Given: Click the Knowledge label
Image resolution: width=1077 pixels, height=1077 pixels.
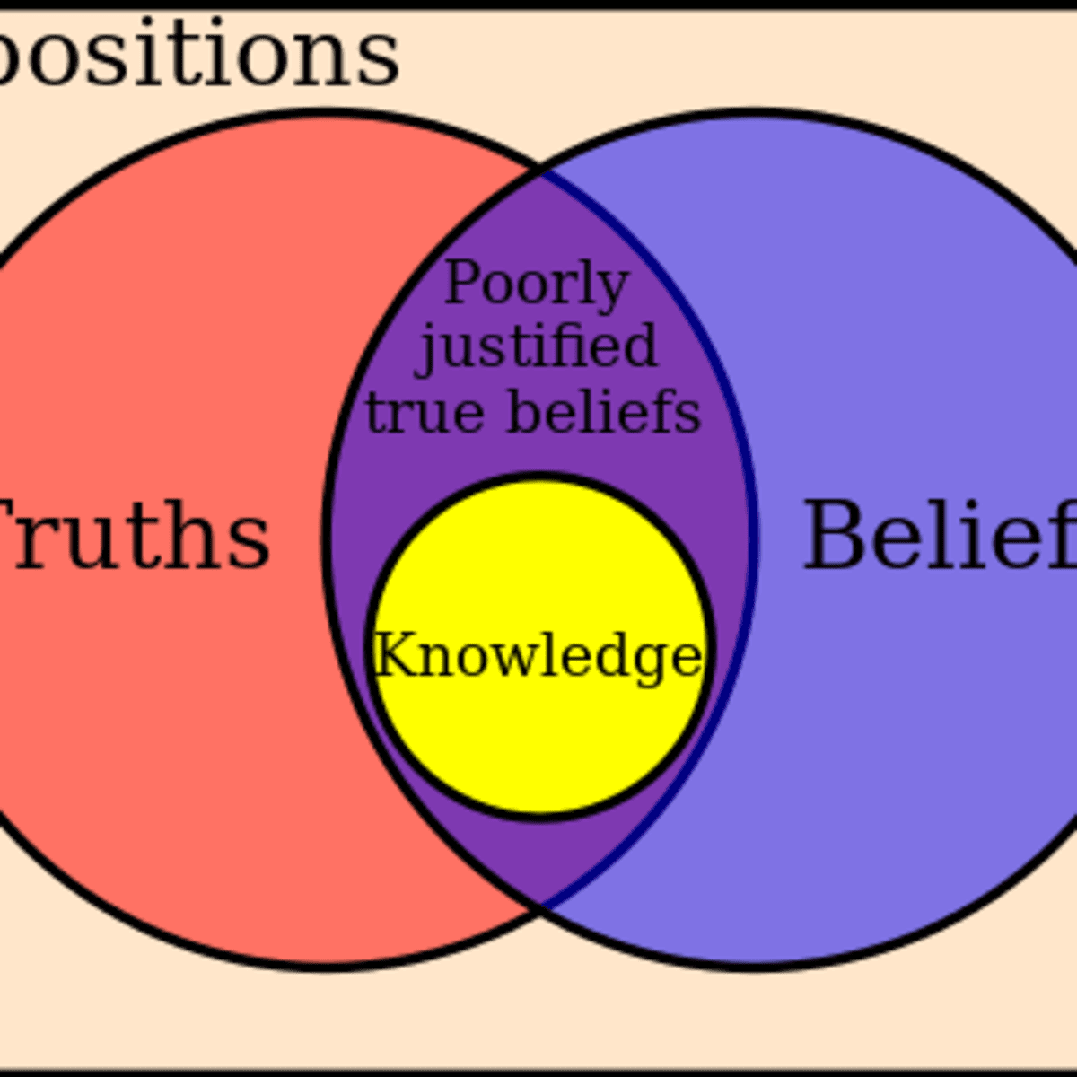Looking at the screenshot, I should pyautogui.click(x=537, y=657).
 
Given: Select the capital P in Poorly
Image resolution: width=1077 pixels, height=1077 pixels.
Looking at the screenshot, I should pyautogui.click(x=461, y=284).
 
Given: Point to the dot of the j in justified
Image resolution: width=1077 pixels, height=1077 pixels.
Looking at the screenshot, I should pyautogui.click(x=432, y=323).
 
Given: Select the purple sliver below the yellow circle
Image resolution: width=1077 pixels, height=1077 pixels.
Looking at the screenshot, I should pyautogui.click(x=539, y=853).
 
